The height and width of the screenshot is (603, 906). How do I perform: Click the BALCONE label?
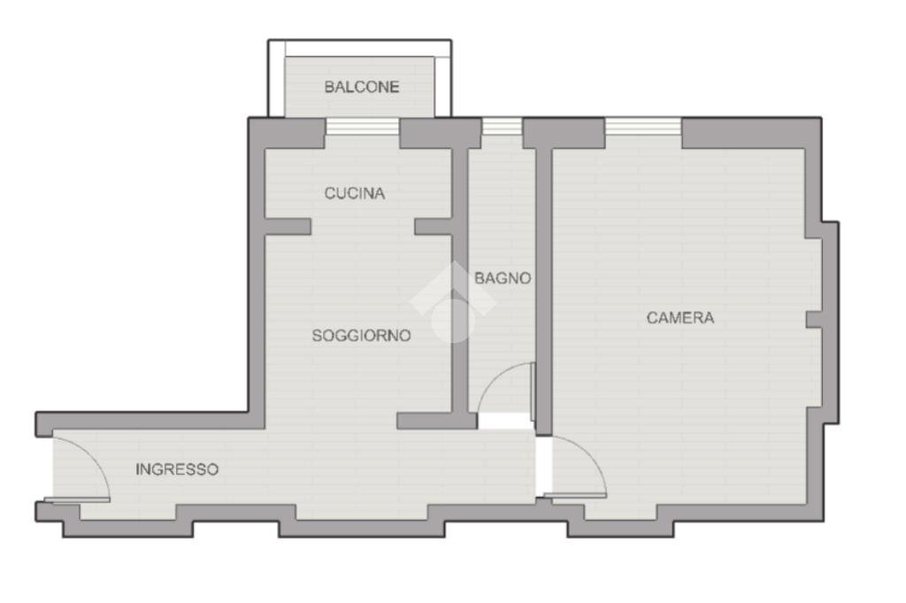click(x=361, y=87)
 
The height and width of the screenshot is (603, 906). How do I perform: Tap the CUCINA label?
click(x=354, y=193)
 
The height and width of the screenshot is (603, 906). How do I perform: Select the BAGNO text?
click(x=503, y=278)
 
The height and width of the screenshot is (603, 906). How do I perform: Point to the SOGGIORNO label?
click(x=361, y=336)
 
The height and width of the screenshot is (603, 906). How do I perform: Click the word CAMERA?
click(x=679, y=317)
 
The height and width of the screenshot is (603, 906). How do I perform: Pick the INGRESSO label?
click(x=177, y=469)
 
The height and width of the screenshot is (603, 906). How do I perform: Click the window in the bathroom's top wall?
click(x=502, y=126)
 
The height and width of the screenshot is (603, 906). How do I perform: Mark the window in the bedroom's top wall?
click(x=643, y=126)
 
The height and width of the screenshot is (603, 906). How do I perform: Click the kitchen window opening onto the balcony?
click(x=362, y=126)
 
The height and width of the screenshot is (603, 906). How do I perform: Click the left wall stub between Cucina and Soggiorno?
click(x=288, y=227)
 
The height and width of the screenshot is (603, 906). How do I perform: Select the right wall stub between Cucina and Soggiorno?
click(x=434, y=227)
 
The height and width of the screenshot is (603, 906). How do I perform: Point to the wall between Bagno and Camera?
click(x=543, y=283)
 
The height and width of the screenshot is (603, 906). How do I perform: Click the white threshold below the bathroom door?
click(x=504, y=422)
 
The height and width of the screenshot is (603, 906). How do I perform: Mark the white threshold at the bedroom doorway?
click(x=543, y=465)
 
